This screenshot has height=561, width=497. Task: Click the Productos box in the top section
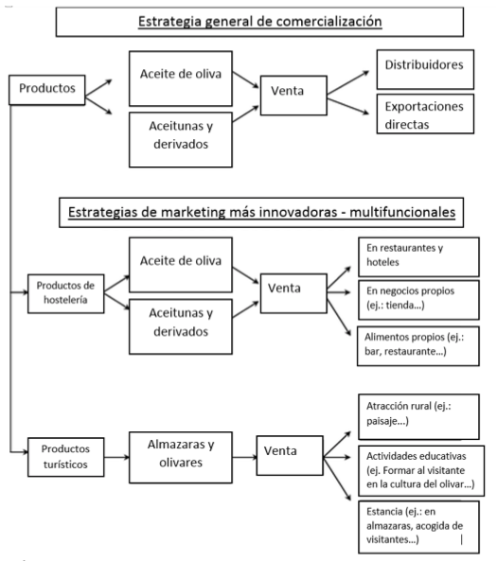click(47, 90)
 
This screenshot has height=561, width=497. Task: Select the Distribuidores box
click(425, 69)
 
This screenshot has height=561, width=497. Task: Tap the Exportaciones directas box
click(425, 114)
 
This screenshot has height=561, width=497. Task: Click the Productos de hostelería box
click(66, 293)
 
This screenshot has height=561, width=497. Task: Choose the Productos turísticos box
click(66, 457)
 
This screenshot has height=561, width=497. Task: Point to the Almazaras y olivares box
click(181, 457)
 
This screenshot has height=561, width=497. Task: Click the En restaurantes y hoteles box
click(418, 256)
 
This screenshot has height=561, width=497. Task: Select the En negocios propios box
click(418, 300)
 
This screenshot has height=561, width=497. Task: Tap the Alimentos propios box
click(417, 345)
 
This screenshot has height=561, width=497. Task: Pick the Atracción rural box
click(418, 416)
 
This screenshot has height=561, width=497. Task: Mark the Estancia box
click(418, 527)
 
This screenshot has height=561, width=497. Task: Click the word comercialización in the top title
click(328, 22)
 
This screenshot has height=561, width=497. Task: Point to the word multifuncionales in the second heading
click(402, 212)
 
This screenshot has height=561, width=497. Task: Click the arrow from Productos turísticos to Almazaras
click(116, 457)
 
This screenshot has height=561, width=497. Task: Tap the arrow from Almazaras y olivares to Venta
click(244, 457)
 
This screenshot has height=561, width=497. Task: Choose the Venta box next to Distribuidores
click(293, 96)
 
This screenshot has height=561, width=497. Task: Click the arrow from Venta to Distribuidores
click(348, 82)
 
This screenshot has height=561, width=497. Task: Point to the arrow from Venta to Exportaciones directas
click(348, 106)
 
